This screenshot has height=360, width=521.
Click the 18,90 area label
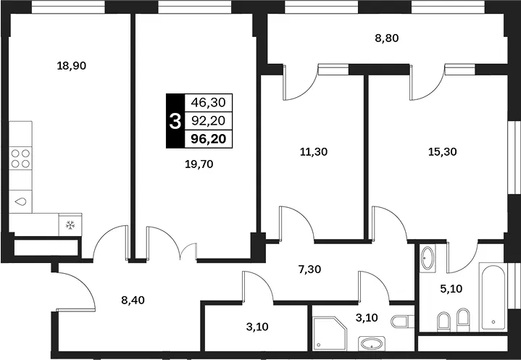pyautogui.click(x=72, y=66)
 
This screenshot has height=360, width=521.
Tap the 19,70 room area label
pyautogui.click(x=199, y=164)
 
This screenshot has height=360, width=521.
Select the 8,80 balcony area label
pyautogui.click(x=386, y=38)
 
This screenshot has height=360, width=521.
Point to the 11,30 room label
pyautogui.click(x=313, y=152)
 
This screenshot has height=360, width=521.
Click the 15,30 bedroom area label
pyautogui.click(x=443, y=152)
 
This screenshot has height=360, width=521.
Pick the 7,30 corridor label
pyautogui.click(x=309, y=269)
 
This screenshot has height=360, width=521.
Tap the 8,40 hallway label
pyautogui.click(x=133, y=300)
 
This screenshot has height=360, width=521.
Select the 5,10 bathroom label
pyautogui.click(x=451, y=288)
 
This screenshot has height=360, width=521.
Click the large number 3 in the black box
pyautogui.click(x=175, y=121)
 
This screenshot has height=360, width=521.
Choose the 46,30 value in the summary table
pyautogui.click(x=209, y=103)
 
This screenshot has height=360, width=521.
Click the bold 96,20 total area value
pyautogui.click(x=209, y=139)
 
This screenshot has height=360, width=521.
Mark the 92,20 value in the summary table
pyautogui.click(x=209, y=120)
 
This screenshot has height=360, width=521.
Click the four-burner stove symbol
pyautogui.click(x=20, y=158)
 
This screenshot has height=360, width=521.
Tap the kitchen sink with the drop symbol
pyautogui.click(x=20, y=201)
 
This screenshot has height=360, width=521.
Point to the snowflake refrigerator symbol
pyautogui.click(x=70, y=225)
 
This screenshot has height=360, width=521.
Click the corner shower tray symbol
pyautogui.click(x=330, y=333)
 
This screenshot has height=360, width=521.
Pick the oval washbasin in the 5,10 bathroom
pyautogui.click(x=428, y=259)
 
